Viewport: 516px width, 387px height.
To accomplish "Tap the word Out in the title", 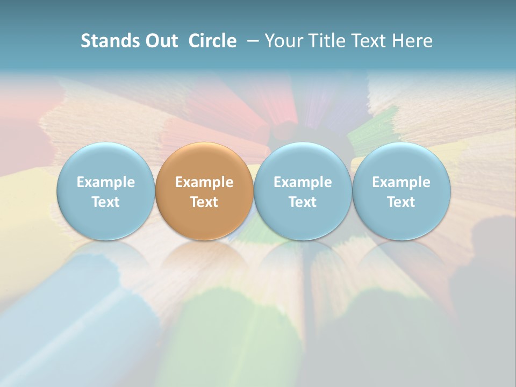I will coord(160,41).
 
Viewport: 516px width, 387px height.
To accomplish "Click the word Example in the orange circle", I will coord(204,182).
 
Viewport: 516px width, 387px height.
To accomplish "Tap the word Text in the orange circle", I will coord(204,202).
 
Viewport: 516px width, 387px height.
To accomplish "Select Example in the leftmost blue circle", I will coord(106,182).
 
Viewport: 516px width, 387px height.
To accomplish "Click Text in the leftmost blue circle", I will coord(106,202).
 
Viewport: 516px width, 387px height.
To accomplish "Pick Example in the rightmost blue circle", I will coord(402,182).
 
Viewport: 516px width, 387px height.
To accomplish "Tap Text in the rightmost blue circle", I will coord(402,202).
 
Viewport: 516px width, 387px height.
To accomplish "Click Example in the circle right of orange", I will coord(303,182).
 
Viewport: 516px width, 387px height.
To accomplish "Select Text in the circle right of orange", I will coord(303,202).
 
